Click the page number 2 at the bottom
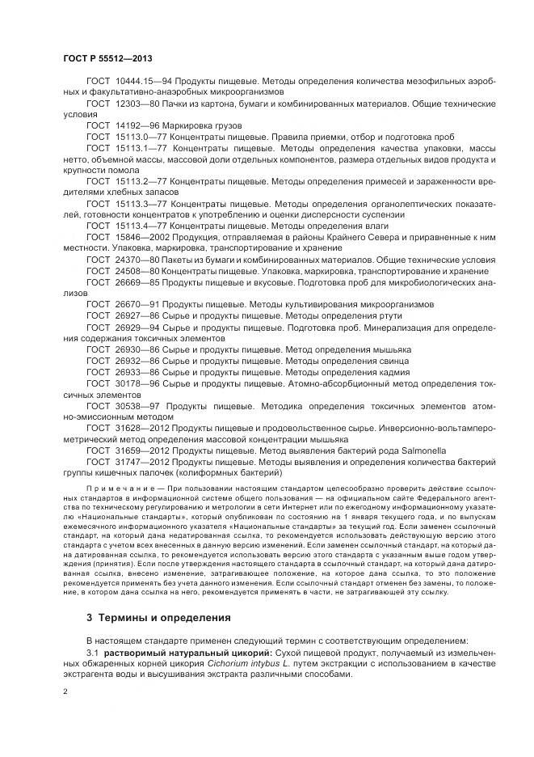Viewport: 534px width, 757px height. [x=65, y=691]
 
